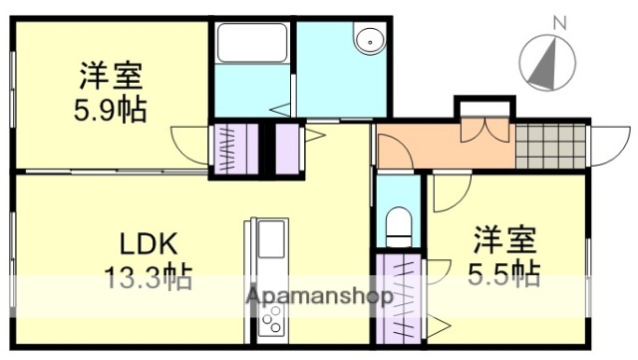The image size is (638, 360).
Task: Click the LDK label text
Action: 149,244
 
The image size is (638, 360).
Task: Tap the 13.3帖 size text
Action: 149,275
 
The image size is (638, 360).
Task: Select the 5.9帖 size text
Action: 110,108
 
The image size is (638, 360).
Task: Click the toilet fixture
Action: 399,225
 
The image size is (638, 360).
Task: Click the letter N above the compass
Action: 558,19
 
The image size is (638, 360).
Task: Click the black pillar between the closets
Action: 266,150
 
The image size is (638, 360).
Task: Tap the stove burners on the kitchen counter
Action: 269,319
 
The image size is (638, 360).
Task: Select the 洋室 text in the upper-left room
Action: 110,75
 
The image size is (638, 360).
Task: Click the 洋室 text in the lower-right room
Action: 504,240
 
